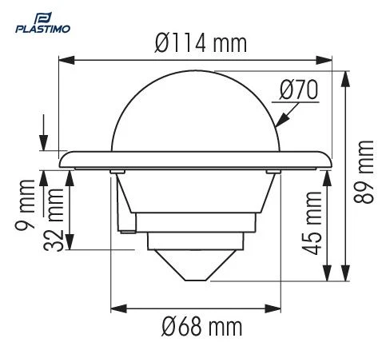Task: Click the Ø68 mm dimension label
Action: click(x=195, y=328)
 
